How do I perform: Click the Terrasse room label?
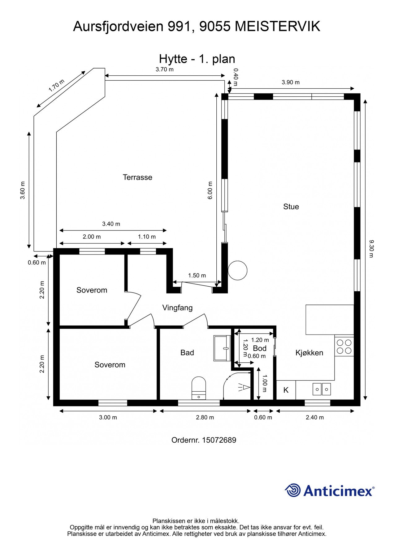[x=137, y=177]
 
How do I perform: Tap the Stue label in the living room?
[x=291, y=207]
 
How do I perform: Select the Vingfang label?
[x=177, y=308]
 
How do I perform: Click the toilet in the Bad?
[x=199, y=388]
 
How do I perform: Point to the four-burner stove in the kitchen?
[x=344, y=346]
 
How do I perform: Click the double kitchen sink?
[x=322, y=389]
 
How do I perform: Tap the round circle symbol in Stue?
[x=238, y=271]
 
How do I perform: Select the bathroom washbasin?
[x=222, y=348]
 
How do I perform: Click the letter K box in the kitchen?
[x=286, y=390]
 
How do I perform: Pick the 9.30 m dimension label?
[x=371, y=248]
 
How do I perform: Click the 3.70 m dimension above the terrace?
[x=164, y=69]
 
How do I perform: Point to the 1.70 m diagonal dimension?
[x=56, y=86]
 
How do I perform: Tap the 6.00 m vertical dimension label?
[x=210, y=190]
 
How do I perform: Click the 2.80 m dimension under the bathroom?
[x=205, y=417]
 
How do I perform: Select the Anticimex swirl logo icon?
[x=293, y=490]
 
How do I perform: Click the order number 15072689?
[x=219, y=440]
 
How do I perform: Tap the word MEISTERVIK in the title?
[x=277, y=27]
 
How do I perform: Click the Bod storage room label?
[x=260, y=348]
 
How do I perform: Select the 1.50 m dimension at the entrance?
[x=197, y=276]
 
